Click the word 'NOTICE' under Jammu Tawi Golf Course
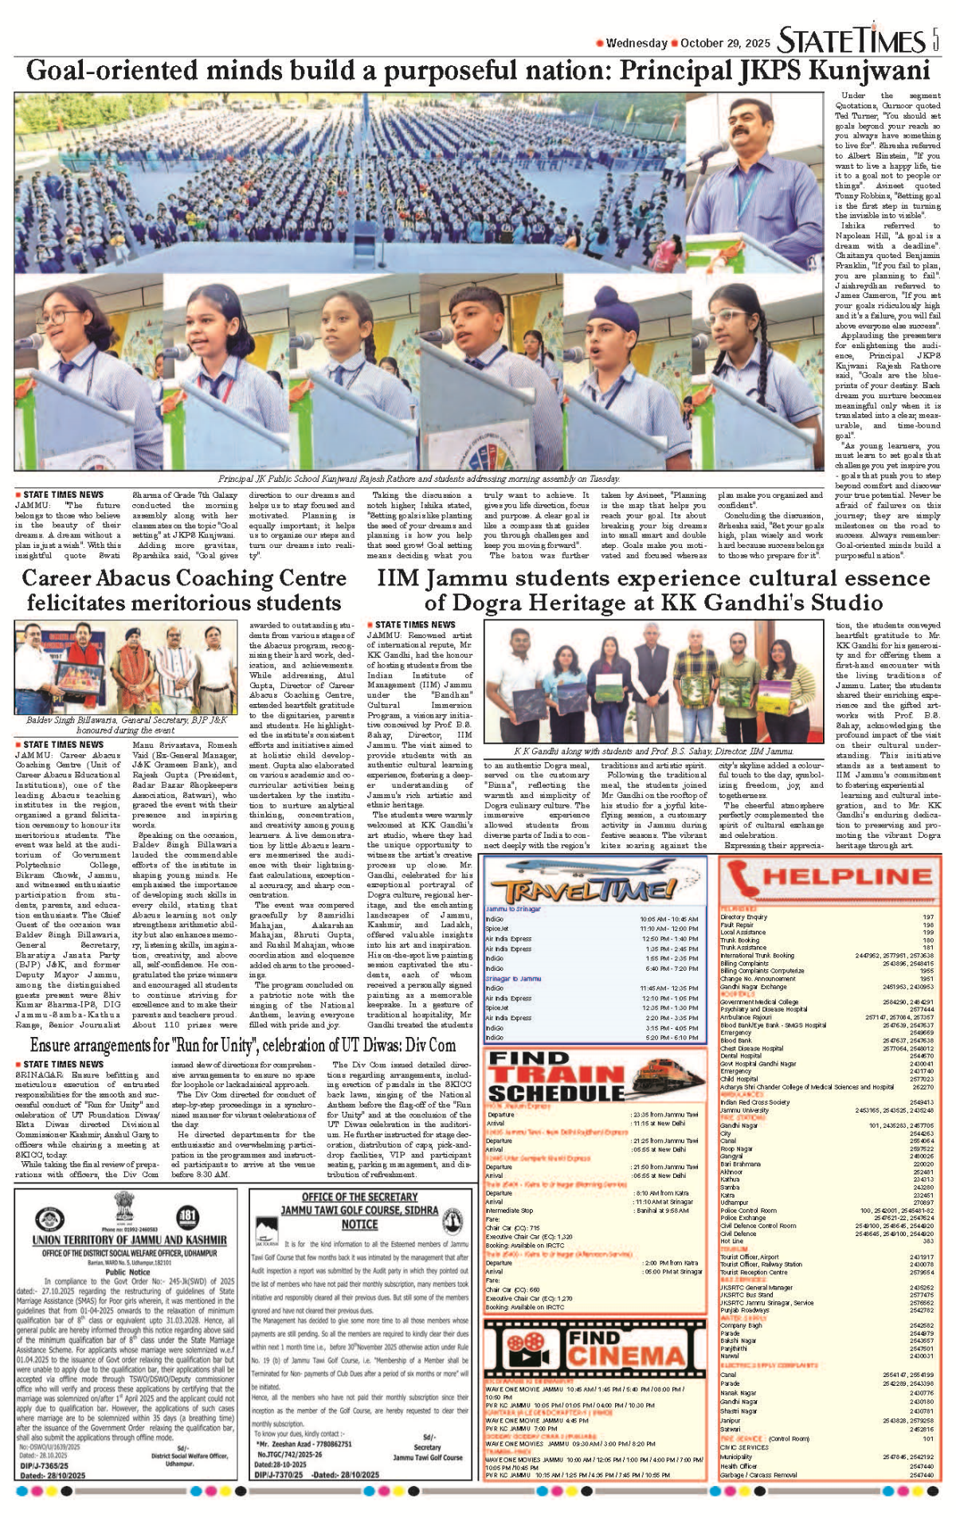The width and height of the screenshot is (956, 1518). point(359,1224)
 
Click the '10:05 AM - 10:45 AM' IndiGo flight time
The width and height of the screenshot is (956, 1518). point(668,918)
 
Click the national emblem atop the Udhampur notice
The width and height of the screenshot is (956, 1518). point(123,1205)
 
